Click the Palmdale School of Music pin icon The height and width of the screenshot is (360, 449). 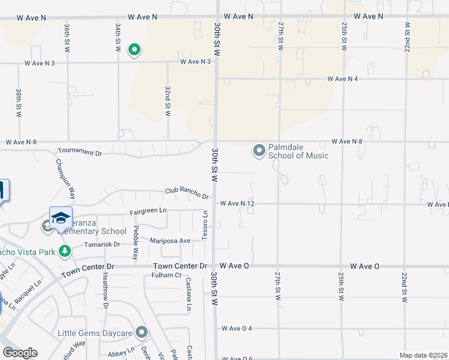(x=259, y=151)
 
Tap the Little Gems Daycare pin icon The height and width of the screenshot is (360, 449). (x=142, y=332)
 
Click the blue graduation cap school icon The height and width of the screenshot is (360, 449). (x=61, y=218)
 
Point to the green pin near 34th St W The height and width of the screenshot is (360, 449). (x=134, y=50)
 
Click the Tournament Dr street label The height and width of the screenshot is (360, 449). (x=80, y=152)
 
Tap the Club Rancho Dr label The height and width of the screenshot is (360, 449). (x=187, y=194)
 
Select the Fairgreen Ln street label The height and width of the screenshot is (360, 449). (x=148, y=212)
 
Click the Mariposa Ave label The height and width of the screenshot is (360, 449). (x=170, y=241)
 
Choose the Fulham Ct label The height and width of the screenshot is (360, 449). (x=166, y=275)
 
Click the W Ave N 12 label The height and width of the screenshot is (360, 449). (x=237, y=203)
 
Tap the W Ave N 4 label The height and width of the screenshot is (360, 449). (x=343, y=79)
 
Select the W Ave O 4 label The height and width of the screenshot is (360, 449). (x=237, y=329)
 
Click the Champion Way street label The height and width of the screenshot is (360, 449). (x=65, y=179)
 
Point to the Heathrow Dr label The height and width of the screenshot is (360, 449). (x=105, y=290)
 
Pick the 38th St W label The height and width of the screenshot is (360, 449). (x=19, y=103)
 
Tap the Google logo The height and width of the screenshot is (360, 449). (x=20, y=353)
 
